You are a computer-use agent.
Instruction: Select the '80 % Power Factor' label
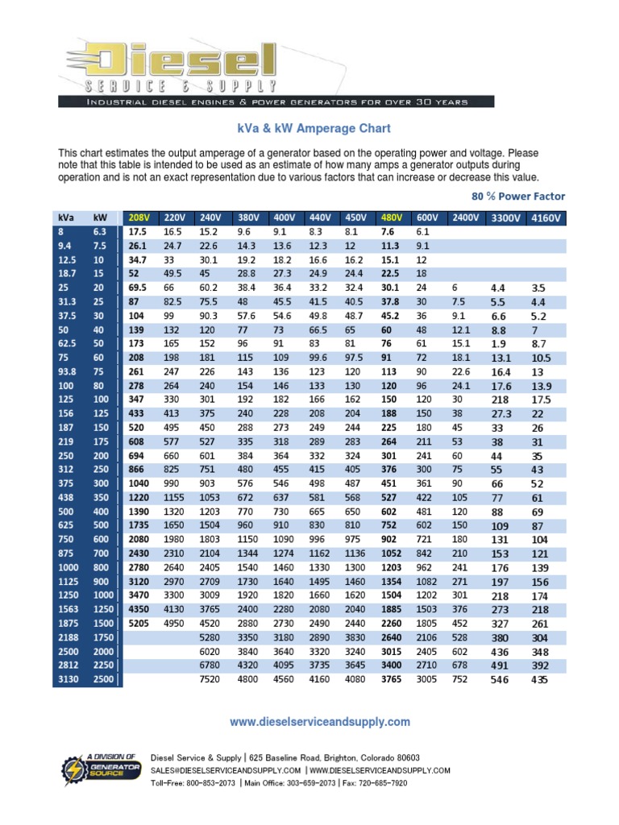click(517, 197)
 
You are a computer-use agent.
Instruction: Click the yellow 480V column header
click(393, 218)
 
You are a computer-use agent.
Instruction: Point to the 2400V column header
click(464, 218)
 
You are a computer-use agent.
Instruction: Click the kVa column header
click(65, 218)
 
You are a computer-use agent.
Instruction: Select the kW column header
click(100, 218)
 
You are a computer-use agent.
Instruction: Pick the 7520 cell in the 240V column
click(210, 679)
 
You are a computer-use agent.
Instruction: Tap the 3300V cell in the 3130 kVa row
click(501, 680)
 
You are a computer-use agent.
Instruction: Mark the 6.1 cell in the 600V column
click(422, 231)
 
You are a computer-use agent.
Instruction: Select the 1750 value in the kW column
click(102, 637)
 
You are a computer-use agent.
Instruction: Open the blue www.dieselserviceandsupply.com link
click(320, 722)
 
